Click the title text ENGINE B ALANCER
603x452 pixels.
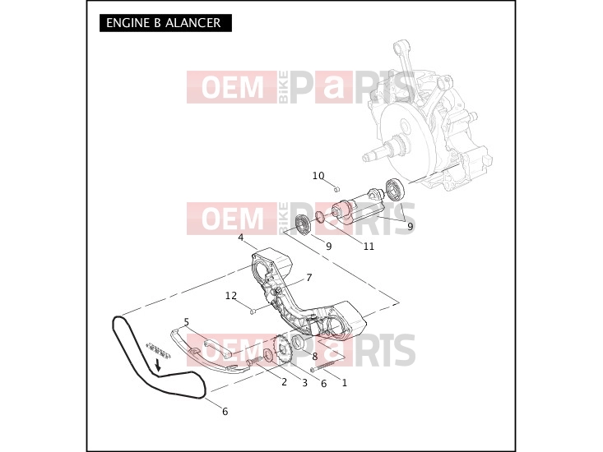tap(164, 23)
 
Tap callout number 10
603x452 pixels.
tap(318, 176)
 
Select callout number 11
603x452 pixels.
tap(369, 247)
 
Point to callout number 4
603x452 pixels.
tap(241, 238)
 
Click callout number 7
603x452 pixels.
tap(309, 277)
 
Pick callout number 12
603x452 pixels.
tap(230, 296)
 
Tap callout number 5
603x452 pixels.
tap(187, 322)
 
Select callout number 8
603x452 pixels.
tap(315, 357)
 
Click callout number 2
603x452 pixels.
tap(284, 382)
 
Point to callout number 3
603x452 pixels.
tap(304, 383)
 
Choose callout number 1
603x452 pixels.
tap(344, 383)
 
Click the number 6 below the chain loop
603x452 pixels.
tap(225, 412)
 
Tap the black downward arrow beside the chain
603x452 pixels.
tap(157, 365)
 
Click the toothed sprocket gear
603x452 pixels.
tap(283, 348)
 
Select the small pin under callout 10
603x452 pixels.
tap(337, 188)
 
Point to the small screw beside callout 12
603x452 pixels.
tap(253, 311)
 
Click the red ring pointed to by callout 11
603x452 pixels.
tap(320, 217)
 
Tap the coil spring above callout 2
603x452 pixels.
tap(254, 361)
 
